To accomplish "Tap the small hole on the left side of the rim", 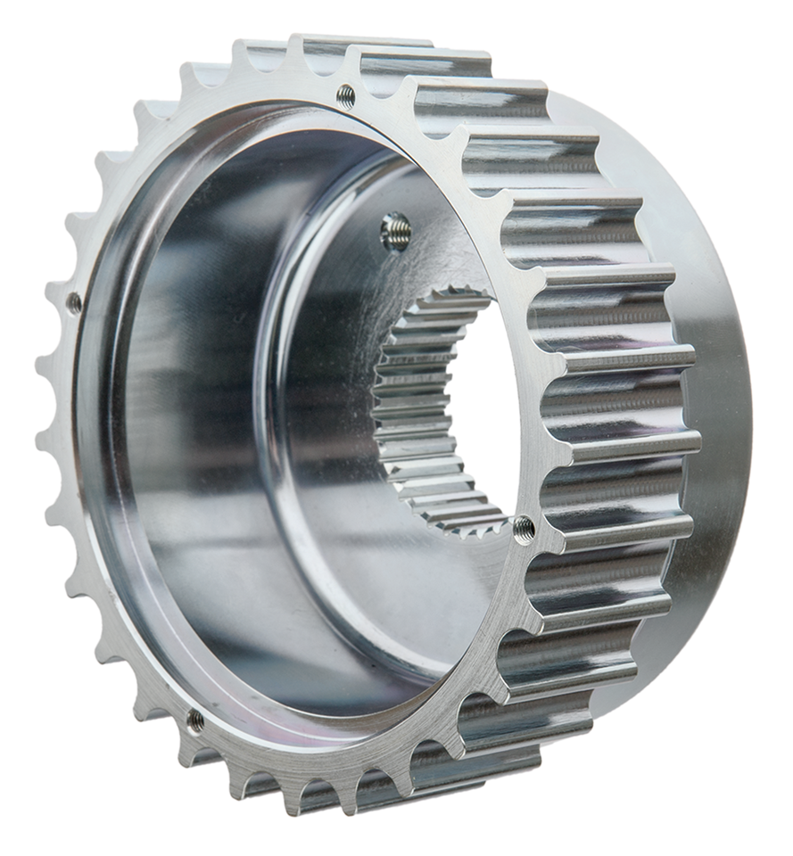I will (x=74, y=302).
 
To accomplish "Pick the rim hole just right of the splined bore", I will (x=525, y=529).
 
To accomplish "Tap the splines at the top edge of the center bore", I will (x=446, y=299).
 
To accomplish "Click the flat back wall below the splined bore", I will (x=419, y=588).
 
